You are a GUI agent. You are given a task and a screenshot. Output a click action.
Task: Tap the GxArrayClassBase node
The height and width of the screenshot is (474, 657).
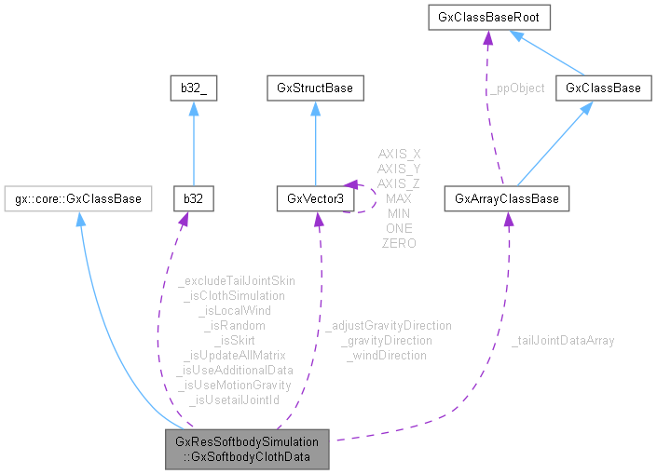point(507,198)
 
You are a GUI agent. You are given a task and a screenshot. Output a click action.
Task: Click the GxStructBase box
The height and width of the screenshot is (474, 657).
point(315,88)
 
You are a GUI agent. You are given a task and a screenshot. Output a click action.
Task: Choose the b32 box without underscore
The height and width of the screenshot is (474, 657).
point(194,198)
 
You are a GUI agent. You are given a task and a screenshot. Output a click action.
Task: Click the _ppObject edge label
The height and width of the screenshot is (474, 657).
point(518,88)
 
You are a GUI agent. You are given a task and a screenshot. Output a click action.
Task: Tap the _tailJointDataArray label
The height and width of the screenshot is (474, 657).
point(563,341)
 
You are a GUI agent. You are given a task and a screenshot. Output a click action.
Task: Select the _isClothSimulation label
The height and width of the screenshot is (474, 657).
point(235,295)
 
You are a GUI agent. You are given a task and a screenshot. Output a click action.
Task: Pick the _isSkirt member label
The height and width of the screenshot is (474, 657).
point(235,340)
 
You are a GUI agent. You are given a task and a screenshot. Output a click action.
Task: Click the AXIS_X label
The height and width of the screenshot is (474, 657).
point(399,154)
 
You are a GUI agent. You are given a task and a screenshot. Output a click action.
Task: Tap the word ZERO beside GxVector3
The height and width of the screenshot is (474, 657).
point(399,243)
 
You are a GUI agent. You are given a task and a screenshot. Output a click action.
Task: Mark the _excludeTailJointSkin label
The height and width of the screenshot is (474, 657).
point(235,280)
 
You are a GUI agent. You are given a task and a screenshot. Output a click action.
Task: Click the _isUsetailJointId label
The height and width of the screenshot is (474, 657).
point(235,400)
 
